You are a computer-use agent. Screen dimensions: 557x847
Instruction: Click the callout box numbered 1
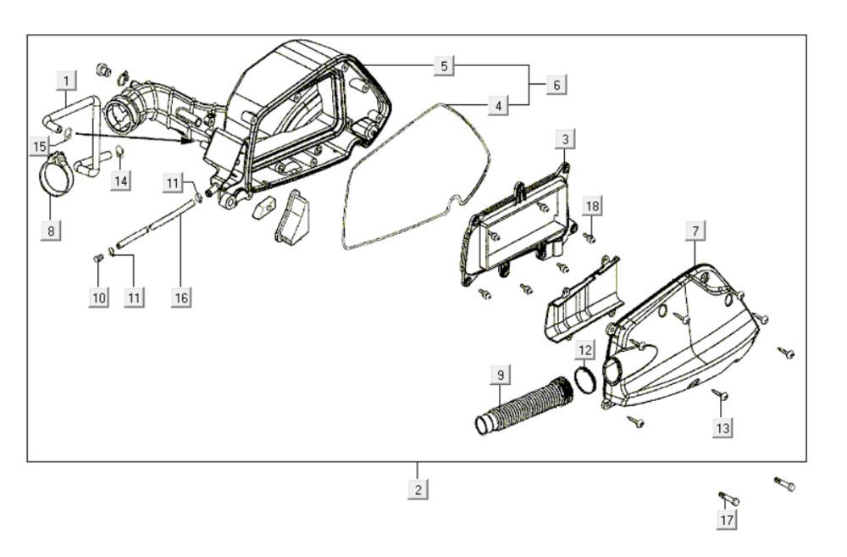tap(67, 81)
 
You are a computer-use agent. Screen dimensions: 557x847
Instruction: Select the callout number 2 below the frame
tap(417, 489)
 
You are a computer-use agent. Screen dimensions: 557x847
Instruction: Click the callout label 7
tap(695, 231)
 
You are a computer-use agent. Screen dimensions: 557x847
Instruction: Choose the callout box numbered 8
tap(52, 230)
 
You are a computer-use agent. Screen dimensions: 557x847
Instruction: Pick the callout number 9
tap(500, 373)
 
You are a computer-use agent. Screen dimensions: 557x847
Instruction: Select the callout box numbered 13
tap(722, 428)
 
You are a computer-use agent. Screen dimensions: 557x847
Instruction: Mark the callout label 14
tap(121, 180)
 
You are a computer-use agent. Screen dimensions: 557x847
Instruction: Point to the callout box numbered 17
tap(726, 520)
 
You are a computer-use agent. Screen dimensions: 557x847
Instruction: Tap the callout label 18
tap(591, 206)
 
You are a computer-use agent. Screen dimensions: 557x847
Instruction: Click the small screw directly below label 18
tap(591, 237)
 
